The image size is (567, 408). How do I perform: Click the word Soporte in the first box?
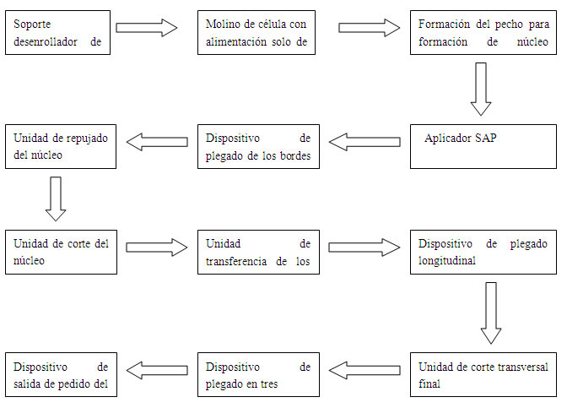(32, 24)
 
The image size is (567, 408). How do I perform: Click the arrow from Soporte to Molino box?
(147, 28)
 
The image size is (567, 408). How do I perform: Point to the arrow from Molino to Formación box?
(370, 28)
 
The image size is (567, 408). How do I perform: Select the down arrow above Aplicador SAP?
(481, 89)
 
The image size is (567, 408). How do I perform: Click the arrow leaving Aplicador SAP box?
(364, 142)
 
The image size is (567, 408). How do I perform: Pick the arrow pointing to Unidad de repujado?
(157, 142)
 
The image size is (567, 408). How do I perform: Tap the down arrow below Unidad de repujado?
(56, 199)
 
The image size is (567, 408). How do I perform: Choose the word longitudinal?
(447, 261)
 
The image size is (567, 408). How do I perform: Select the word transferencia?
(236, 261)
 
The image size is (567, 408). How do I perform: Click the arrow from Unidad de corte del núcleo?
(157, 248)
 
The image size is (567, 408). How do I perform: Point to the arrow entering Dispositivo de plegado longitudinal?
(364, 248)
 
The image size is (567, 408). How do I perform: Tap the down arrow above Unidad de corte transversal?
(491, 313)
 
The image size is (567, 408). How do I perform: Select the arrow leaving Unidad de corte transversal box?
(364, 370)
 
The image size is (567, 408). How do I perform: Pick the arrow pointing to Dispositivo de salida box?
(157, 370)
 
